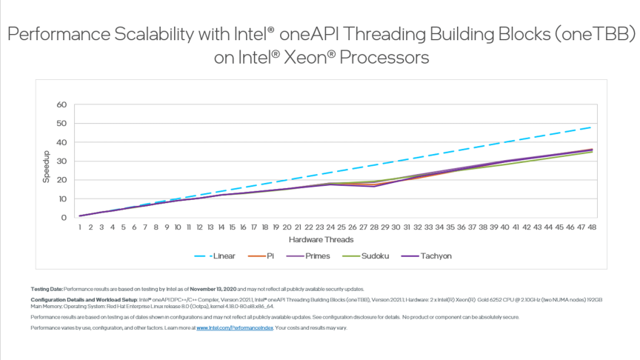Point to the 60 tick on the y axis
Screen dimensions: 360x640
(62, 104)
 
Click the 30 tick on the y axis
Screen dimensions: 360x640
(62, 161)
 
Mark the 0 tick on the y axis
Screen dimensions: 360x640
(64, 218)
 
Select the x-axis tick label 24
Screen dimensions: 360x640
(330, 228)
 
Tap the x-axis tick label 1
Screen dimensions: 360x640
(80, 228)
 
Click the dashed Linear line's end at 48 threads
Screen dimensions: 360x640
(590, 127)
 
